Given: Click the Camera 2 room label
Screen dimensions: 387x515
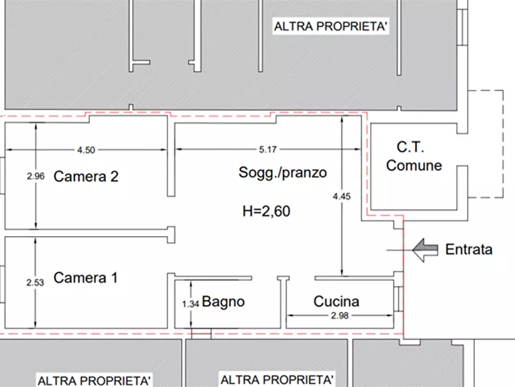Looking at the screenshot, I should (86, 177).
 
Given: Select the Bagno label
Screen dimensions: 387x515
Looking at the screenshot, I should (223, 302).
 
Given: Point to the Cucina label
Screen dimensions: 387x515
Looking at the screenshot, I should (336, 302).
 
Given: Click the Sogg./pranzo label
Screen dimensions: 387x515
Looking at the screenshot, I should (283, 172).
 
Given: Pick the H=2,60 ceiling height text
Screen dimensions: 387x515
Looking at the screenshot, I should (266, 211).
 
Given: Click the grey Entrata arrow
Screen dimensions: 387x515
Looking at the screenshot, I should (426, 250).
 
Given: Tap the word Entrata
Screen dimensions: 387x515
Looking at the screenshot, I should (469, 250).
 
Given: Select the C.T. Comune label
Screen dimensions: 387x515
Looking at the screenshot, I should (413, 157).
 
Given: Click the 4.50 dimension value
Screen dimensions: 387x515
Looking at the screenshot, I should (86, 150).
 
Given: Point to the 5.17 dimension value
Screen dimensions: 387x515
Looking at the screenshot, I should (268, 150).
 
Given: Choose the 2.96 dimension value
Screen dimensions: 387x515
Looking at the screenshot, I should (35, 177).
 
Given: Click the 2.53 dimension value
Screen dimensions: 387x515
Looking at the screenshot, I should (35, 283).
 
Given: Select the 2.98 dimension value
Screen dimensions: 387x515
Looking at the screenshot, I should (340, 316).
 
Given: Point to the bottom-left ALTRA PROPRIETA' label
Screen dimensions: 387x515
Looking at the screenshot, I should (95, 381).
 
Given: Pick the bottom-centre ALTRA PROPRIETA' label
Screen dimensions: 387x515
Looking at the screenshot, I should (277, 380).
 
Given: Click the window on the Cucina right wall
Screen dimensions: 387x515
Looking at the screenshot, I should (399, 298).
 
